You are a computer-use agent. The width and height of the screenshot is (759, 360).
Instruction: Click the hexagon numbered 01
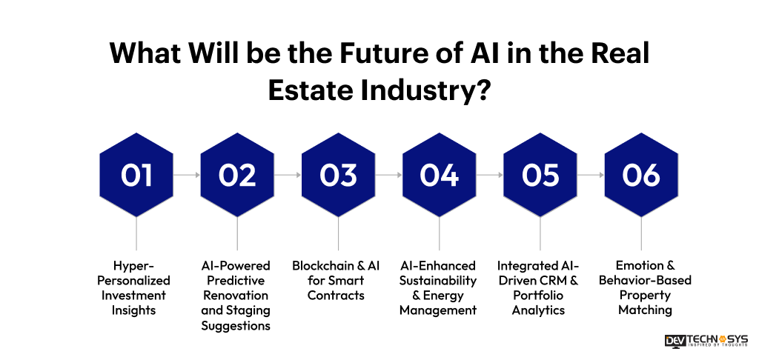[x=136, y=175]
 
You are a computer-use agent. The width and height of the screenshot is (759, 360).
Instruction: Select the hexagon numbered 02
[x=237, y=175]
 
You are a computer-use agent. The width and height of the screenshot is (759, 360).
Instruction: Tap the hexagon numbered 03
[x=339, y=175]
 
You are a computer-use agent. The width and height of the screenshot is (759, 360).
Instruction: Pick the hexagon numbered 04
[x=440, y=175]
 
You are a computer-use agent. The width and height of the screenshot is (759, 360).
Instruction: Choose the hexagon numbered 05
[x=540, y=175]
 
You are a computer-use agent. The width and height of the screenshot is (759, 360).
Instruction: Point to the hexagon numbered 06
[x=641, y=175]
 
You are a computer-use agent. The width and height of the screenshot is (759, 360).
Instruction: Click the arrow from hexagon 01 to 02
[x=187, y=176]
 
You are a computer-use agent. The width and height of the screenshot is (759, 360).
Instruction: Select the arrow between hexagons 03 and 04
[x=389, y=176]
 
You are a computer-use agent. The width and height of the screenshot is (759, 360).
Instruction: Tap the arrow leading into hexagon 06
[x=591, y=176]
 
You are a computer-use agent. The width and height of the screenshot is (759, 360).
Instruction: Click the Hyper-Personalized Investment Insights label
[x=136, y=287]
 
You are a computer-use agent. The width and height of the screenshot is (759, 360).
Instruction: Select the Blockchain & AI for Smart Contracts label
[x=339, y=280]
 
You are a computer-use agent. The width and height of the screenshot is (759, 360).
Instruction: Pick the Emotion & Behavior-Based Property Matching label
[x=641, y=287]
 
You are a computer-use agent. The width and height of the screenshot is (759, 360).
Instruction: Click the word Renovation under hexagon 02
[x=236, y=295]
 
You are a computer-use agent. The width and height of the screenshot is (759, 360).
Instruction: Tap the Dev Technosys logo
[x=706, y=341]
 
